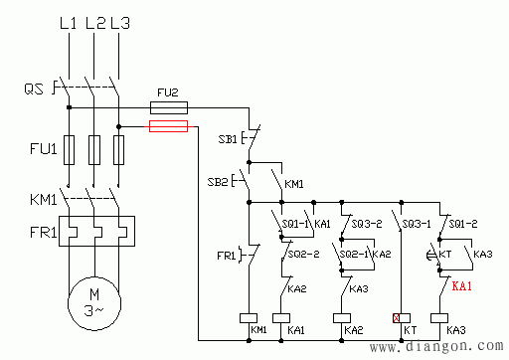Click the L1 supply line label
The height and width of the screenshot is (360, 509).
click(68, 23)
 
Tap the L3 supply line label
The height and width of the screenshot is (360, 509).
click(120, 23)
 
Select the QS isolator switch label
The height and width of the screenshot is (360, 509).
click(34, 89)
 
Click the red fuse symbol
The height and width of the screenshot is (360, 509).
click(168, 126)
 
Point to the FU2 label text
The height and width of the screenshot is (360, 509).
click(168, 92)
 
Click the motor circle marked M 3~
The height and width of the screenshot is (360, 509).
click(94, 303)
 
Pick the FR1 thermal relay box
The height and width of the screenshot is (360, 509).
click(96, 231)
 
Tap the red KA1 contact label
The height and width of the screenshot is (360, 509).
click(461, 285)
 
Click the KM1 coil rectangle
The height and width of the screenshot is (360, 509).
click(249, 318)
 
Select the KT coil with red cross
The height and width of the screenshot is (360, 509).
click(402, 318)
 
